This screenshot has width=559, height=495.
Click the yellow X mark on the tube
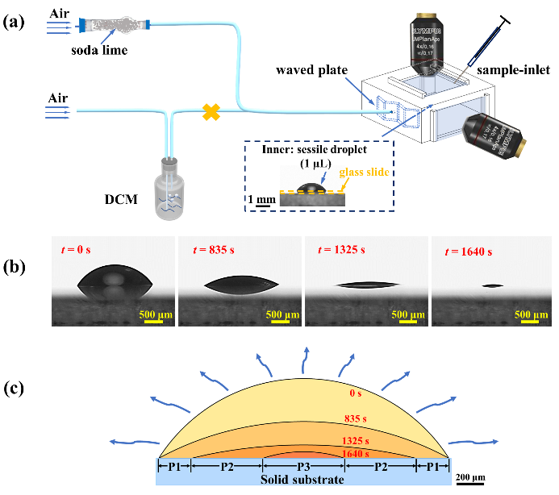(x=211, y=112)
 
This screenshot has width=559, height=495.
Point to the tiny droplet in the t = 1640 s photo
(x=492, y=286)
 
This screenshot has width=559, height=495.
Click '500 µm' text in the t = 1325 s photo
(x=408, y=314)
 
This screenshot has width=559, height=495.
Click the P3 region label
(x=303, y=466)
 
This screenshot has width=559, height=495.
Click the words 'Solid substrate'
(x=303, y=480)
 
